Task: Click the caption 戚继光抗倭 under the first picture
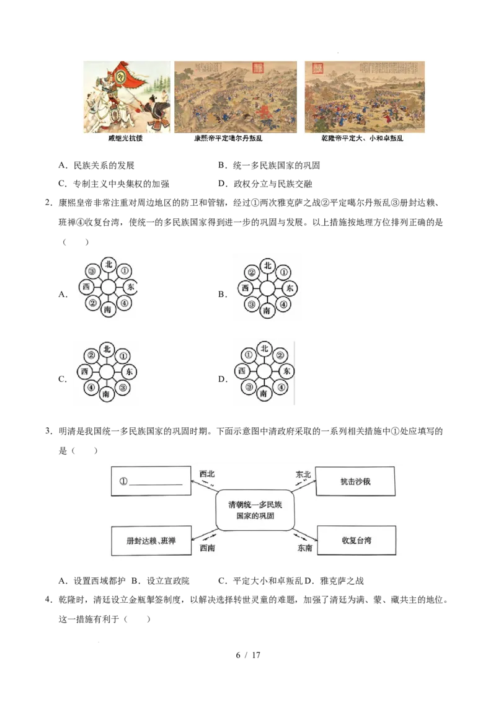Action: click(125, 138)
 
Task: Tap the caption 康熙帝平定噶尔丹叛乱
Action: click(228, 138)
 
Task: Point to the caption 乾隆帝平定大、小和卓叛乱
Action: click(362, 138)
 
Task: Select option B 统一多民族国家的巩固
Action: click(269, 166)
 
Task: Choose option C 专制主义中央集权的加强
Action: click(113, 184)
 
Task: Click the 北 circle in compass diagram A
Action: click(108, 265)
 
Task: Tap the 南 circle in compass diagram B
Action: click(267, 310)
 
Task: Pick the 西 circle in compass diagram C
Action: click(84, 371)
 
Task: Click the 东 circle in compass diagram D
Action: click(286, 371)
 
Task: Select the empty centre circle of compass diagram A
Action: click(108, 287)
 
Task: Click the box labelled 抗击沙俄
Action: click(355, 481)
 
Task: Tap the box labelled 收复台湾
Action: click(356, 540)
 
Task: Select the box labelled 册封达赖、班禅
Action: click(151, 541)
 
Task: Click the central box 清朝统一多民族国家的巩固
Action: click(255, 510)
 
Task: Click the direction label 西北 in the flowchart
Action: click(207, 474)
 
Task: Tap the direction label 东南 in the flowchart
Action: click(305, 548)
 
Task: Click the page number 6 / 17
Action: click(248, 655)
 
